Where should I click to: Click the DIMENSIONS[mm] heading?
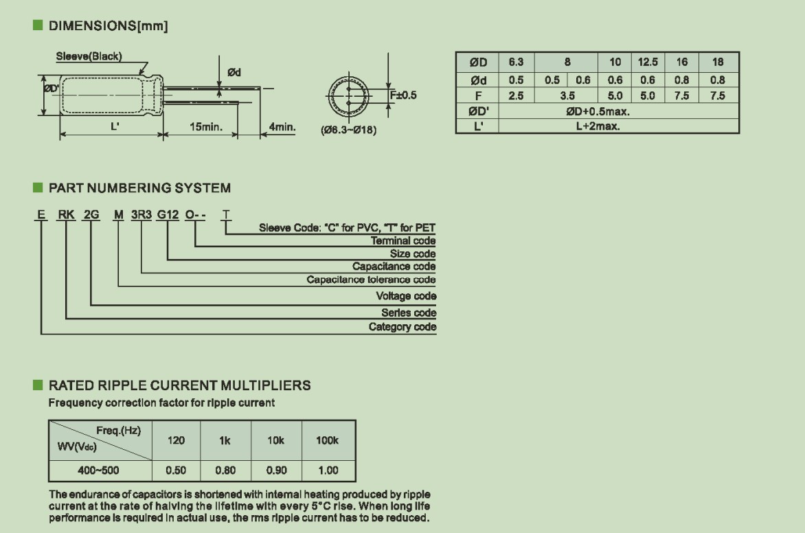tap(108, 26)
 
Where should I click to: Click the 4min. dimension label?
tap(282, 127)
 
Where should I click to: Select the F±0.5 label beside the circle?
tap(403, 95)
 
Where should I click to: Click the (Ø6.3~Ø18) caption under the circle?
tap(349, 131)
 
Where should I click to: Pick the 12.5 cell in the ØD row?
tap(648, 62)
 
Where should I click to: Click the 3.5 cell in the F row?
tap(567, 96)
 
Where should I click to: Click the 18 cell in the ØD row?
tap(718, 62)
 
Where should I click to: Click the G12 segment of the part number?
tap(168, 215)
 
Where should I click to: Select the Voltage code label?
tap(406, 296)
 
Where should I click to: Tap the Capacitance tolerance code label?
tap(371, 280)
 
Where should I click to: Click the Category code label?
tap(402, 327)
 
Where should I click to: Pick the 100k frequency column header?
tap(327, 440)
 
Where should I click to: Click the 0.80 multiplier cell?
tap(225, 470)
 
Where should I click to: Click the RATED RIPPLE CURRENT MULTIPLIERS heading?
tap(179, 385)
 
